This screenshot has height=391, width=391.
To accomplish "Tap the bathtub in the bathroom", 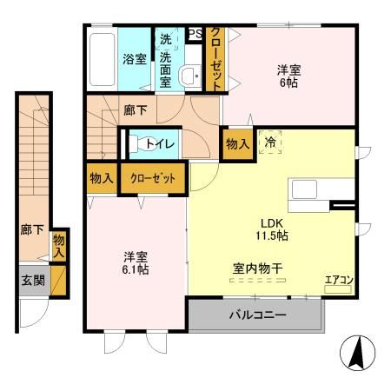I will (x=100, y=56).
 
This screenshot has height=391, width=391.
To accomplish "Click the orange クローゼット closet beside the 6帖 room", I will (x=214, y=57).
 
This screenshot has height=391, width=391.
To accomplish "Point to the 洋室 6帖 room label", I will (x=289, y=76).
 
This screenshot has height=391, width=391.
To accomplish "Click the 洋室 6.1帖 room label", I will (x=135, y=263).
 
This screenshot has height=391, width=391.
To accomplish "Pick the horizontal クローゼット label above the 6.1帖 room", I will (x=153, y=178).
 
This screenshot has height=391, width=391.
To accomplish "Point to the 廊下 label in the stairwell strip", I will (x=29, y=231).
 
